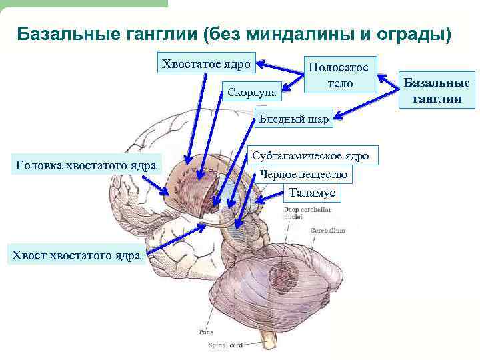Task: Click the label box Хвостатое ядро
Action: tap(205, 65)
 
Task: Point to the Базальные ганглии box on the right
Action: tap(437, 90)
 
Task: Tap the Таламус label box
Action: tap(313, 193)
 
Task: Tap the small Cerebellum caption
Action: tap(327, 230)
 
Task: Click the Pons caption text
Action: tap(205, 331)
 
